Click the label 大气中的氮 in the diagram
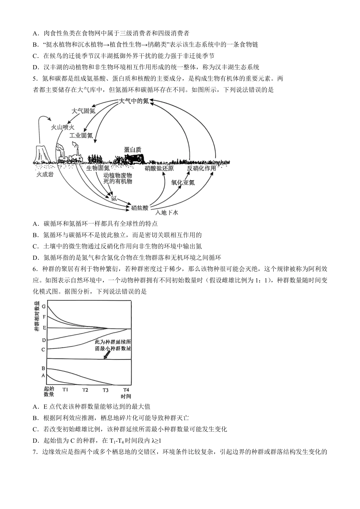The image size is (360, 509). point(134,101)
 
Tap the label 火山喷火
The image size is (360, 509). point(63,127)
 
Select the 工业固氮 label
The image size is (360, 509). point(81,135)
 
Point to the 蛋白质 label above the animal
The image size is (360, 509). point(132,150)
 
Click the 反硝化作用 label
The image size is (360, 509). point(201,168)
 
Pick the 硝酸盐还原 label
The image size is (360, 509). point(159,168)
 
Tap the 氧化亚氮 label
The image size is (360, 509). point(183,182)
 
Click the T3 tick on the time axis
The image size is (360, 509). point(105,390)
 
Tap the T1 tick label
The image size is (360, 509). point(65,390)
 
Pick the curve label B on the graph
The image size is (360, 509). point(44,368)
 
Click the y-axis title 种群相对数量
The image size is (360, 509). point(37,316)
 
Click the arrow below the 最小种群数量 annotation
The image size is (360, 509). point(107,354)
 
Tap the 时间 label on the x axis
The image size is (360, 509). point(126,396)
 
